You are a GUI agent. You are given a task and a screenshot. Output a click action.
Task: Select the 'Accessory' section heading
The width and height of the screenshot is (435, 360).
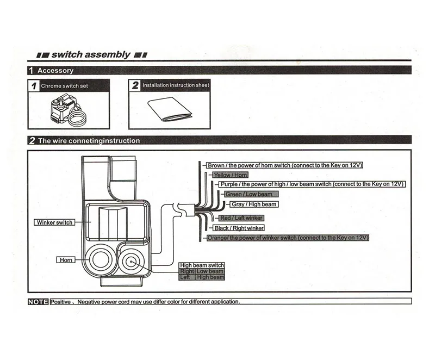pos(55,70)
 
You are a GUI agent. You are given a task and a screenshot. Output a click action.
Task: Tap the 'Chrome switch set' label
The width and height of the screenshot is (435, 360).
pos(64,86)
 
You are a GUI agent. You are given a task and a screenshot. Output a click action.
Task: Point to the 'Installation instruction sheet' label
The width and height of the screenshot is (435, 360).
pos(175,85)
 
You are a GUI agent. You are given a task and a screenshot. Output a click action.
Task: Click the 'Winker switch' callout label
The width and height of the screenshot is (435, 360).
pos(54,222)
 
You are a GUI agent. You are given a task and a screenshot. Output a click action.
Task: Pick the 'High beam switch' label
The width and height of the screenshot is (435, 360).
pos(202,265)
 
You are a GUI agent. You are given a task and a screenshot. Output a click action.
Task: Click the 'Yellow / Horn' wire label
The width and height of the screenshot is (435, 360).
pos(230,175)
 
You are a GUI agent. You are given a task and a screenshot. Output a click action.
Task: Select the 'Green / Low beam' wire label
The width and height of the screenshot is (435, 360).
pos(248,194)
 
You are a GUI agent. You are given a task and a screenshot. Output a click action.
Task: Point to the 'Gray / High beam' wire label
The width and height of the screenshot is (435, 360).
pos(253,204)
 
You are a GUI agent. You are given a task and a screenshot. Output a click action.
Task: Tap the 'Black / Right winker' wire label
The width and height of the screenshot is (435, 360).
pos(239,228)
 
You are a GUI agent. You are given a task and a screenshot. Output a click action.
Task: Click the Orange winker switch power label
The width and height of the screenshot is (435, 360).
pos(288,238)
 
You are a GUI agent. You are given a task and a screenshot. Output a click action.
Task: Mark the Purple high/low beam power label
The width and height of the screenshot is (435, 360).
pos(312,184)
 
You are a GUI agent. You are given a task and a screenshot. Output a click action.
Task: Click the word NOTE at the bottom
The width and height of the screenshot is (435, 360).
pos(38,301)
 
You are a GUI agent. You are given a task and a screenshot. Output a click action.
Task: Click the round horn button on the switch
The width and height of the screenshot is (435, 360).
pos(100,259)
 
